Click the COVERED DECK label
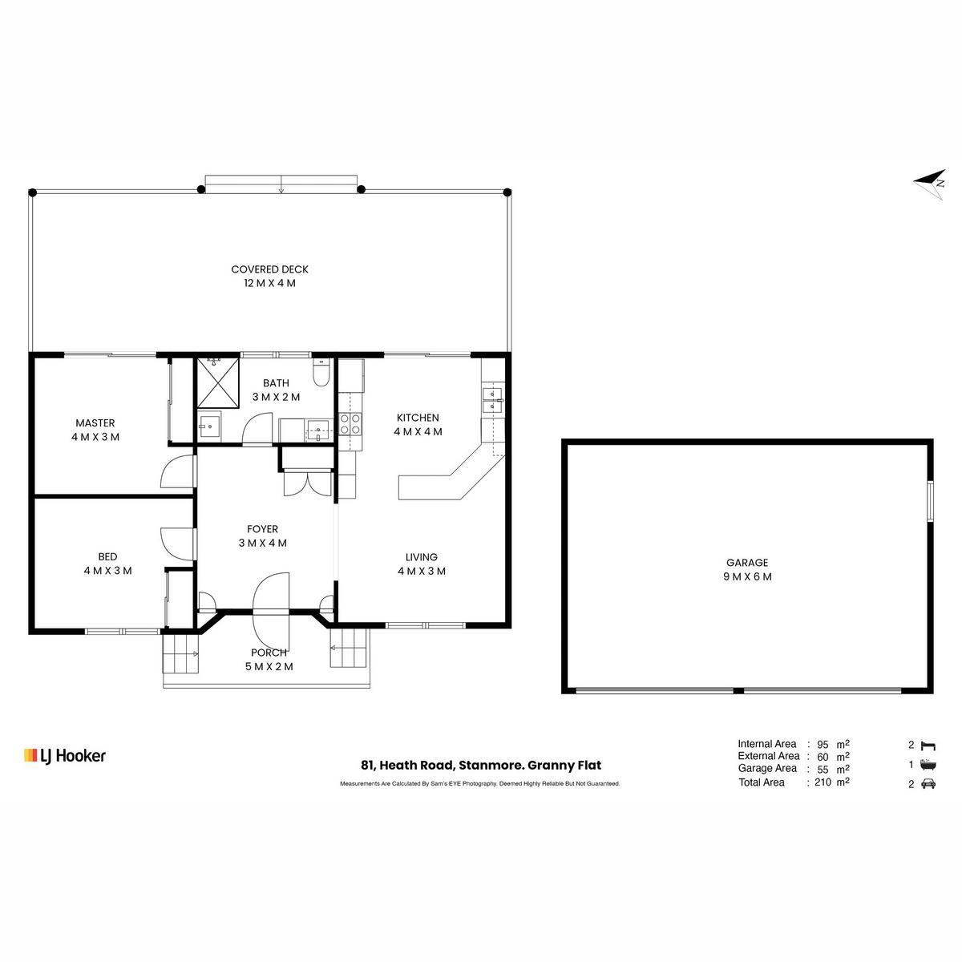click(x=269, y=269)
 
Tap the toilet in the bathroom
click(x=321, y=373)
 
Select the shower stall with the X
click(x=218, y=382)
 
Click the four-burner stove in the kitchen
click(x=350, y=424)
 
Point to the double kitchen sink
click(x=493, y=400)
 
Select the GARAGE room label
click(x=747, y=563)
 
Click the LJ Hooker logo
click(x=65, y=756)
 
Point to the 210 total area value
click(x=823, y=782)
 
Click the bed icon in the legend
click(x=928, y=746)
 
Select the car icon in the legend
click(x=928, y=784)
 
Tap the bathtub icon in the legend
click(x=928, y=765)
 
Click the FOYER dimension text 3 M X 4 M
click(x=263, y=544)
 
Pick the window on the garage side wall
click(x=931, y=501)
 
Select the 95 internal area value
click(x=823, y=744)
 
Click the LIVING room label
click(x=422, y=557)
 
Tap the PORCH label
click(x=269, y=653)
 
